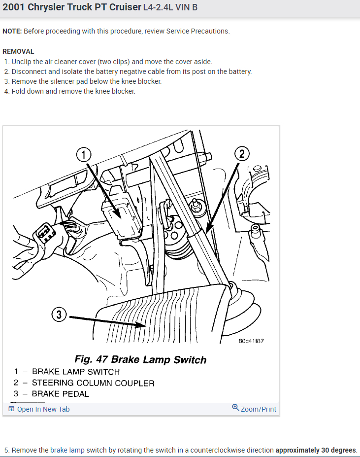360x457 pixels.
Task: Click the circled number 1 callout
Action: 84,154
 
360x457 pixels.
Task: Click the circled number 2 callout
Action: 242,154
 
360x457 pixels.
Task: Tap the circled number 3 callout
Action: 59,315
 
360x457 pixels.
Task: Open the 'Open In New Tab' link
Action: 39,409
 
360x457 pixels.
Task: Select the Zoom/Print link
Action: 254,409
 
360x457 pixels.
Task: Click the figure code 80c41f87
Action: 251,341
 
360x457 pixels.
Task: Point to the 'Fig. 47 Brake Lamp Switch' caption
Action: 140,359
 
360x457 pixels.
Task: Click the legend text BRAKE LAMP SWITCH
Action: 76,372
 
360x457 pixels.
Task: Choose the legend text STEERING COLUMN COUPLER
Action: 93,383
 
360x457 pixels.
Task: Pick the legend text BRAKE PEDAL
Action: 60,394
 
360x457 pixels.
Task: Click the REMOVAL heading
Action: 18,52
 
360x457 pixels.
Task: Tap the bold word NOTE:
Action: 12,31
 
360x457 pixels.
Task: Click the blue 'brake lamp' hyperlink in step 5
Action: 67,450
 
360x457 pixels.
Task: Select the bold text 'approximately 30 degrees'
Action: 316,450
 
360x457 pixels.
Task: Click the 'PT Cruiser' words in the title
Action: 119,7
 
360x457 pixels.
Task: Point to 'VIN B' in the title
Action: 187,7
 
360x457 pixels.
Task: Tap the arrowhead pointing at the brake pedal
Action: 141,325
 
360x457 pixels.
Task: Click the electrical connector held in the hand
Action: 44,233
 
